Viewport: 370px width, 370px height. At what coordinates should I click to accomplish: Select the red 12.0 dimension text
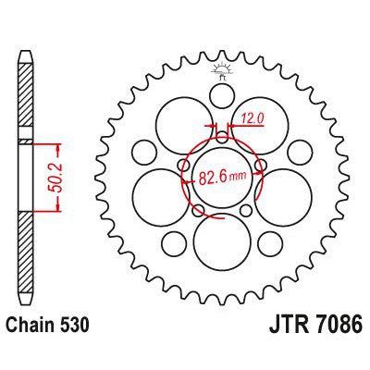[x=253, y=117]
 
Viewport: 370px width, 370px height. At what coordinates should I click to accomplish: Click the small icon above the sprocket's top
[x=222, y=68]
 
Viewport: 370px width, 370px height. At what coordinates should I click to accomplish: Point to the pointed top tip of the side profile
[x=25, y=41]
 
